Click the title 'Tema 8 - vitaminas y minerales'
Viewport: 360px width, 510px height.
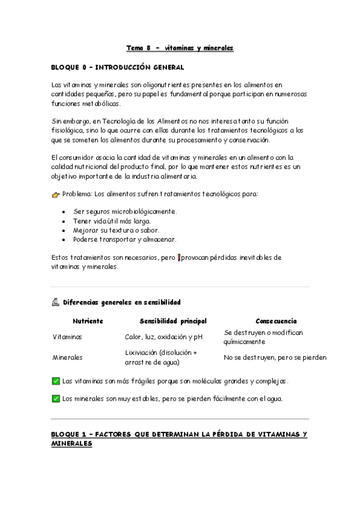click(180, 48)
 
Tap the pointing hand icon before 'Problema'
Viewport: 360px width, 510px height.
click(55, 195)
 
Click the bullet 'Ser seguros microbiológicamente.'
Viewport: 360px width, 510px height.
click(125, 212)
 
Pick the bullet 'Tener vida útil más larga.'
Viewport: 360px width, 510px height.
click(112, 221)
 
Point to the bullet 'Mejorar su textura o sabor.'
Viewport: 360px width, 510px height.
click(117, 230)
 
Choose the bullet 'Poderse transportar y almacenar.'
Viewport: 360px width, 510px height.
click(124, 239)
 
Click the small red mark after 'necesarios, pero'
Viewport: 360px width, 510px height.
click(178, 257)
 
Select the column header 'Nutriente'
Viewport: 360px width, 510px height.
click(88, 321)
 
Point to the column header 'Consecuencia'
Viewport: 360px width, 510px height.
click(276, 321)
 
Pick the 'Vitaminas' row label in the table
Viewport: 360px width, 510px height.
click(67, 337)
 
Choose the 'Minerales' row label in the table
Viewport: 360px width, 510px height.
click(67, 357)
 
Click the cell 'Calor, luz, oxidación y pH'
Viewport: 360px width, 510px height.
click(164, 337)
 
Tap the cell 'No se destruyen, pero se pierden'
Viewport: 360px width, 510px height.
click(275, 357)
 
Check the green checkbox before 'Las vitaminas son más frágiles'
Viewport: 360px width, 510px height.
click(56, 381)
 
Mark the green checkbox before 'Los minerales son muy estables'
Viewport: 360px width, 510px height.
click(56, 398)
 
